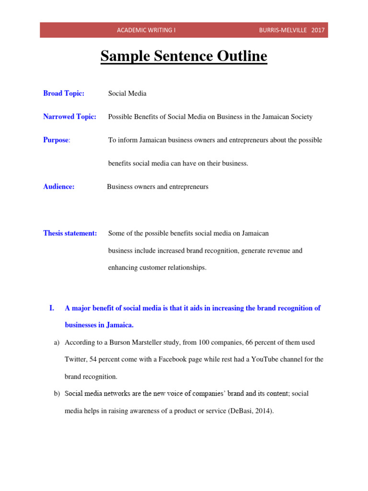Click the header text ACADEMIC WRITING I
(146, 30)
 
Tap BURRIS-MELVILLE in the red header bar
(282, 30)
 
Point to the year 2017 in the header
(318, 30)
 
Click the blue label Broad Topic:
(64, 94)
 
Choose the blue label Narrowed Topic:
(69, 117)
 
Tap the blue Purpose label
(56, 140)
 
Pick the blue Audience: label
(59, 187)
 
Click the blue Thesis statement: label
(70, 233)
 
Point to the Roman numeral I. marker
(52, 308)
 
